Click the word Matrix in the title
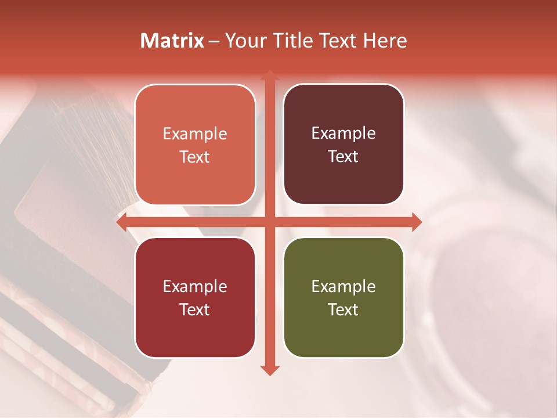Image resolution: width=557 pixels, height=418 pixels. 172,41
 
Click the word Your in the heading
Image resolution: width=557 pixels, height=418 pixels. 243,41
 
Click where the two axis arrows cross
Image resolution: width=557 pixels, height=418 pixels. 269,222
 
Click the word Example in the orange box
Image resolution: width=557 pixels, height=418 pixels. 195,134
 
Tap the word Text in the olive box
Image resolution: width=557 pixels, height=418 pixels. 343,309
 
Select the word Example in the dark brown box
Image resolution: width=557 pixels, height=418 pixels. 343,134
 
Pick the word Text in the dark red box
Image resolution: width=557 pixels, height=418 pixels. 195,309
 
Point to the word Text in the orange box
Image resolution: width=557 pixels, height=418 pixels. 195,157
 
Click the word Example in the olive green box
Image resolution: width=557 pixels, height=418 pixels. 343,287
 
